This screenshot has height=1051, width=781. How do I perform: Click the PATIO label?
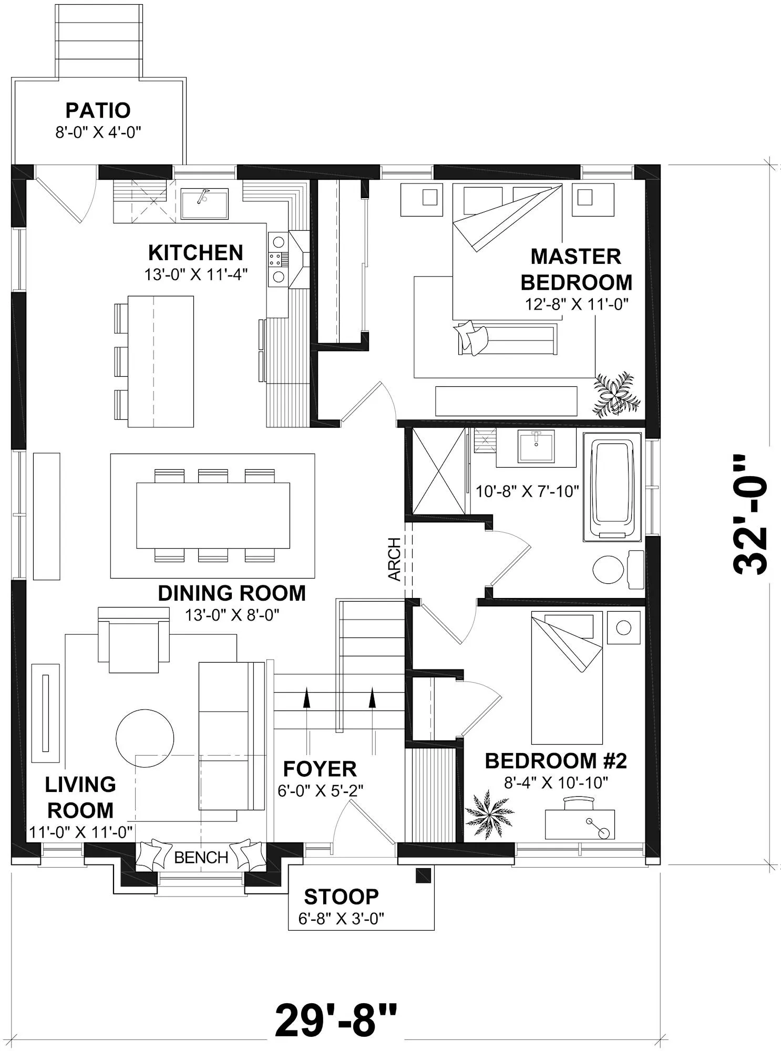coord(98,110)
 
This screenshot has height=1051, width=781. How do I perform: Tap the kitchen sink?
coord(204,204)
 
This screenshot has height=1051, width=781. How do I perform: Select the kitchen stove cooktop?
coord(278,259)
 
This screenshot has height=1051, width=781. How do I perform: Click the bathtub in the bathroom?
coord(612,487)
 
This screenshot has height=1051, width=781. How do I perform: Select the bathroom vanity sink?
coord(536,446)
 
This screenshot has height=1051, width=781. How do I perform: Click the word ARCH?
coord(395,559)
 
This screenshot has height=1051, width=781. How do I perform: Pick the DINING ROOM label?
coord(232,593)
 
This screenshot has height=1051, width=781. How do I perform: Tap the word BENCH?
coord(201,858)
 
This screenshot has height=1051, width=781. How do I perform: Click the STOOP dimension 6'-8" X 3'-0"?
coord(342,919)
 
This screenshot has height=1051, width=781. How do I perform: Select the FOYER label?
coord(320,769)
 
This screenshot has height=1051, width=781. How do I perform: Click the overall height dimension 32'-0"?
coord(750,514)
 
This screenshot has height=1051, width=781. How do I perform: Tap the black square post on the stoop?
coord(424,875)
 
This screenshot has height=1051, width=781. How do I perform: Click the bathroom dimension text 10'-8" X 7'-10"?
coord(527,491)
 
